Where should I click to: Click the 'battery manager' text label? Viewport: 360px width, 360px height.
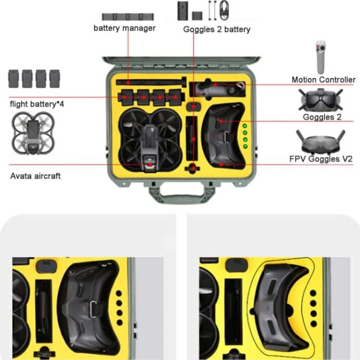pos(124,28)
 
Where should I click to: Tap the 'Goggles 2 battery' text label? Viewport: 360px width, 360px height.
pos(217,29)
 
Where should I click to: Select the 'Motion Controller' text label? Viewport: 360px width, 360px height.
pos(323,80)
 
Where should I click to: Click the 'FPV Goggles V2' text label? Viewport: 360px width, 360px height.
pos(327,160)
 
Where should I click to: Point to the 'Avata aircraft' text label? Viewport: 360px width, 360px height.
pos(35,176)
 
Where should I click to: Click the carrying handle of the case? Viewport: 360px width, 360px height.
pos(180,195)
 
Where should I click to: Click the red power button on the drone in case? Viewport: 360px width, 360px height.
pos(149,166)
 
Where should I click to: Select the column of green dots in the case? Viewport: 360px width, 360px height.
pos(245,136)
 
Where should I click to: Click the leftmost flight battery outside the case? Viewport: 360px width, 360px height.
pos(14,79)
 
